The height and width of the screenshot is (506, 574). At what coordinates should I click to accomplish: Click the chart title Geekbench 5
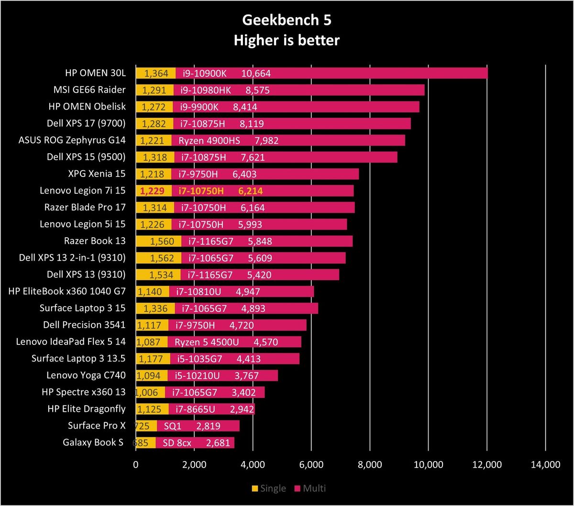(x=287, y=20)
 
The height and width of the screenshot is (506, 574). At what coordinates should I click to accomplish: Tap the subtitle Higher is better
(x=287, y=40)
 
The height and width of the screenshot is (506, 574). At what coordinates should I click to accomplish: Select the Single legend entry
(x=269, y=488)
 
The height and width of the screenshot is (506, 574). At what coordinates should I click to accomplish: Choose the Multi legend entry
(x=310, y=488)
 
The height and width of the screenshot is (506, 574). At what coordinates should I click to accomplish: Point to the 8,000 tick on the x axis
(x=370, y=465)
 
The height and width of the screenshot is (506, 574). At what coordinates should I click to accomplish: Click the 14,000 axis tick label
(x=545, y=465)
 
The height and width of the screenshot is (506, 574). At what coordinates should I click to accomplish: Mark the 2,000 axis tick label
(x=194, y=465)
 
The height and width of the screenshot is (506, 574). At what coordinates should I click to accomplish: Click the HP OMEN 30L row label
(x=95, y=73)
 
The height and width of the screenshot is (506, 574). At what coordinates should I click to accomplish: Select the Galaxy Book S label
(x=93, y=442)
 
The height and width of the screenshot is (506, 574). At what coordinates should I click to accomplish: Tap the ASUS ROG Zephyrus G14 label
(x=72, y=140)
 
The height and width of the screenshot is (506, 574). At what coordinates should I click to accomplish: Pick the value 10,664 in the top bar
(x=256, y=73)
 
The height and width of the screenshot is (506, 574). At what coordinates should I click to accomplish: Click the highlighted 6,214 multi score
(x=250, y=191)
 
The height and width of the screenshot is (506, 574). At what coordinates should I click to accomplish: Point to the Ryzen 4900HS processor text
(x=209, y=141)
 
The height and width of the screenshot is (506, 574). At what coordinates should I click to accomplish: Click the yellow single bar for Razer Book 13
(x=159, y=241)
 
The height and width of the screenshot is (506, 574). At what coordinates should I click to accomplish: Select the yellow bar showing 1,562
(x=159, y=258)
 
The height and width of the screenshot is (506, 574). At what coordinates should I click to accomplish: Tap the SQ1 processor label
(x=173, y=426)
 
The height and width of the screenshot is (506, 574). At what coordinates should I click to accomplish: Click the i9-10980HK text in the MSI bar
(x=206, y=90)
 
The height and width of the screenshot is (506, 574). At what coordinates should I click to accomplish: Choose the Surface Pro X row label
(x=97, y=426)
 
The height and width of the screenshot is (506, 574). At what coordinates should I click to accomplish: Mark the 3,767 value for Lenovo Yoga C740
(x=246, y=376)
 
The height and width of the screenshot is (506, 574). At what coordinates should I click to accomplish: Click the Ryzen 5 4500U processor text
(x=207, y=342)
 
